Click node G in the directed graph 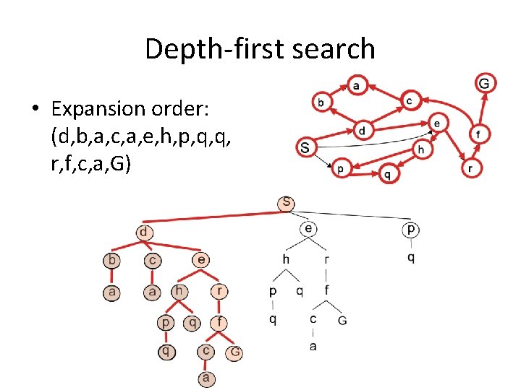484,84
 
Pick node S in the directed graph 305,148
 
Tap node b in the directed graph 321,102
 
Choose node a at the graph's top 357,85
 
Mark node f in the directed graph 478,134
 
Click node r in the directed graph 471,168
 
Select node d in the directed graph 362,131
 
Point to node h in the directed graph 421,149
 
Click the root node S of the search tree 287,203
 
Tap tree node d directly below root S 145,233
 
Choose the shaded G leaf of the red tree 234,353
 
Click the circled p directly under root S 411,230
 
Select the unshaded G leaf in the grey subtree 342,319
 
